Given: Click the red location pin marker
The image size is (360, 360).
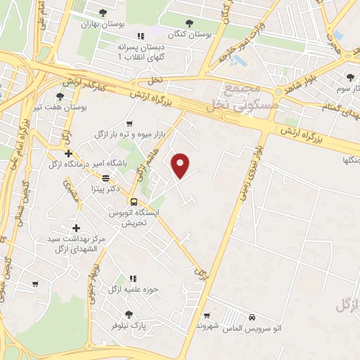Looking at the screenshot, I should coord(181,165).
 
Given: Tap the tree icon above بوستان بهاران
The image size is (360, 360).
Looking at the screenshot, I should coord(103,13).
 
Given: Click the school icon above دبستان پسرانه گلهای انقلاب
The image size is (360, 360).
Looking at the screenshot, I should coord(141,36).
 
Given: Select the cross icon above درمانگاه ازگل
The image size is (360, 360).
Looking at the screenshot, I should coord(68,153).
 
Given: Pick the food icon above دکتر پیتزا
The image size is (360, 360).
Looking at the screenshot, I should coord(105,178).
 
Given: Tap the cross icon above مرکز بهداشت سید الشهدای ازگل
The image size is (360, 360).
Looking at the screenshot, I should coord(77,228).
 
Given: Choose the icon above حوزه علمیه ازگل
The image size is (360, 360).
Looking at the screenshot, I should coord(131,278).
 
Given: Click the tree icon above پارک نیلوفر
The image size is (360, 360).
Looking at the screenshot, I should coord(127,315).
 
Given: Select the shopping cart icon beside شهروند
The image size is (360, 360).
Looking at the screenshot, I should coord(206,316).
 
